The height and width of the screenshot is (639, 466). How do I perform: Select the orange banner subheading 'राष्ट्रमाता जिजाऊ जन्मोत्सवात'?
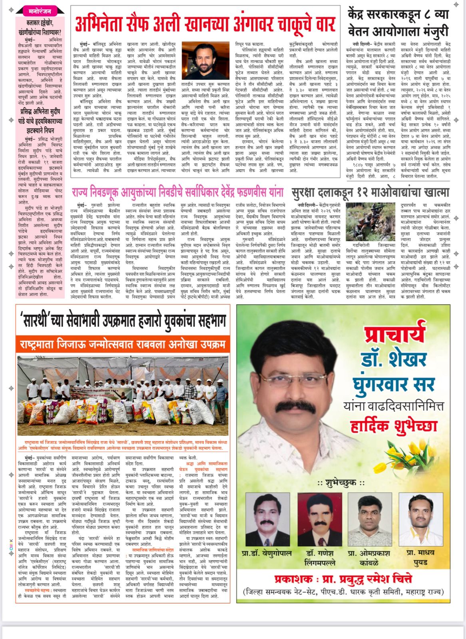click(x=80, y=344)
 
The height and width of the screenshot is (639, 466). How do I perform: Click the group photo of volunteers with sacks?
click(x=123, y=395)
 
